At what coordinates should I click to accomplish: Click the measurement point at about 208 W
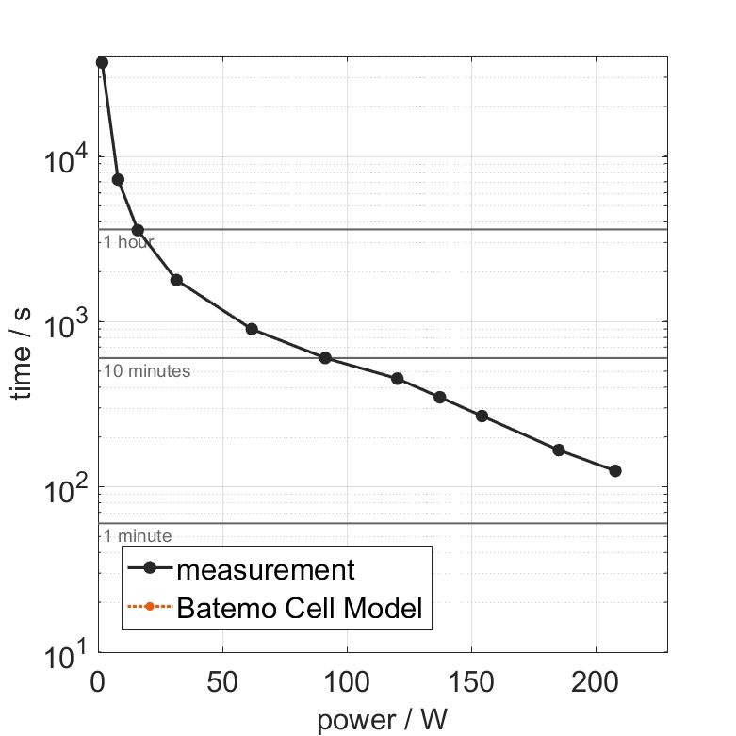pos(615,470)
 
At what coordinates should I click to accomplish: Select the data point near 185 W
pos(559,450)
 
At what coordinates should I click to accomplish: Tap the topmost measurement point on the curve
pos(102,62)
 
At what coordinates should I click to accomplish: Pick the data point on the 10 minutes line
pos(325,358)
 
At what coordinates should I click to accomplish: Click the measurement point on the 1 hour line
pos(138,230)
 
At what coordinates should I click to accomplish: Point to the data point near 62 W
pos(252,329)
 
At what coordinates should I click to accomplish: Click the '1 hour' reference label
pos(128,242)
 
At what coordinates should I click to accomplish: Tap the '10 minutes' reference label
pos(147,371)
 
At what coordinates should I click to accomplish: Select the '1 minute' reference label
pos(138,536)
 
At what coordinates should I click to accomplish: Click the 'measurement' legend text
pos(266,570)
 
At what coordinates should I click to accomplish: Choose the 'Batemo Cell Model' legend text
pos(300,608)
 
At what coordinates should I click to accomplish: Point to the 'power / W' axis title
pos(382,721)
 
